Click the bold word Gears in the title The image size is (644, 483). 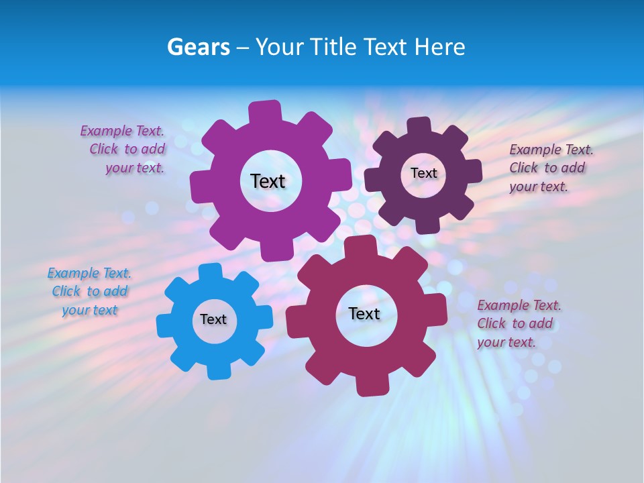tap(198, 47)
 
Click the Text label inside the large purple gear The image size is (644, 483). tap(268, 181)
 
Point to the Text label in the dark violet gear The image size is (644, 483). tap(423, 173)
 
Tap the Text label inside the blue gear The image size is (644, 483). tap(213, 319)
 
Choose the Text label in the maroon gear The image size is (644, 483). tap(364, 313)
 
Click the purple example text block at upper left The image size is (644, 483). tap(123, 150)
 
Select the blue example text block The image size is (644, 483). tap(89, 291)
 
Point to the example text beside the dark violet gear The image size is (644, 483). tap(550, 168)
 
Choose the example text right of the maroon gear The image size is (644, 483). tap(519, 323)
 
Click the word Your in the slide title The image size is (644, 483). tap(280, 47)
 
